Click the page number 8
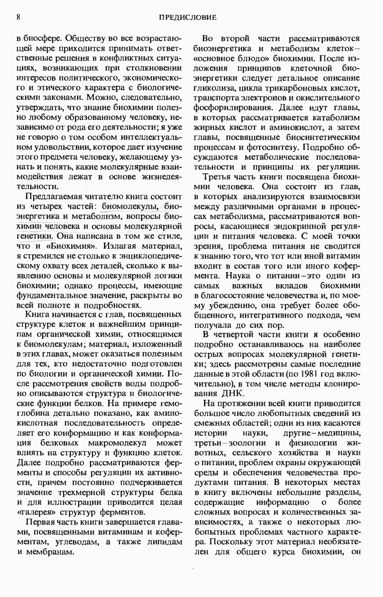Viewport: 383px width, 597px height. pyautogui.click(x=18, y=17)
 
